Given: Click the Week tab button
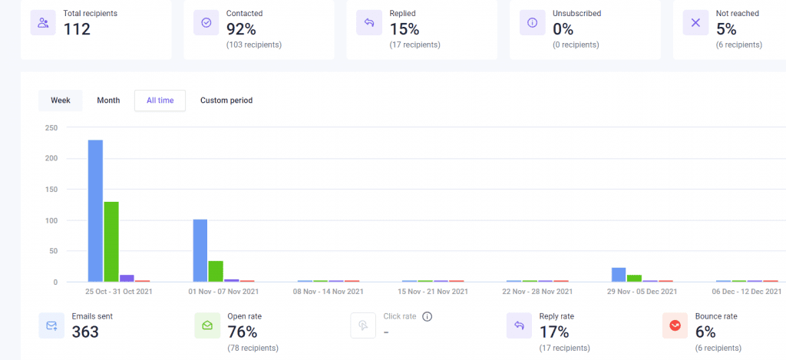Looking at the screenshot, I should click(61, 101).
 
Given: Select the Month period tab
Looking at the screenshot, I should click(108, 101).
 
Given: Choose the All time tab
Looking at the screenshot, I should click(160, 101).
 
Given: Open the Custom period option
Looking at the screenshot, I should click(226, 101).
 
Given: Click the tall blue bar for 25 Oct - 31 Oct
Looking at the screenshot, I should click(95, 211).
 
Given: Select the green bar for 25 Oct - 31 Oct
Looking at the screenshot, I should click(111, 242).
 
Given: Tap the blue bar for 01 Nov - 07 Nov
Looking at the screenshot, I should click(200, 250).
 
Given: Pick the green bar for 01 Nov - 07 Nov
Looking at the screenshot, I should click(216, 271).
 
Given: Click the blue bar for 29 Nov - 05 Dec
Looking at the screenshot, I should click(619, 275).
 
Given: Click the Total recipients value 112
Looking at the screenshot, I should click(77, 29).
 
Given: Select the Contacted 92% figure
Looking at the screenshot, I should click(242, 29).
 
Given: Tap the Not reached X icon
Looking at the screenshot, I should click(695, 23).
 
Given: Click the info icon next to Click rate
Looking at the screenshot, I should click(428, 316).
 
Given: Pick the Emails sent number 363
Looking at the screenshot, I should click(85, 332).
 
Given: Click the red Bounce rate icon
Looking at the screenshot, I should click(675, 325).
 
